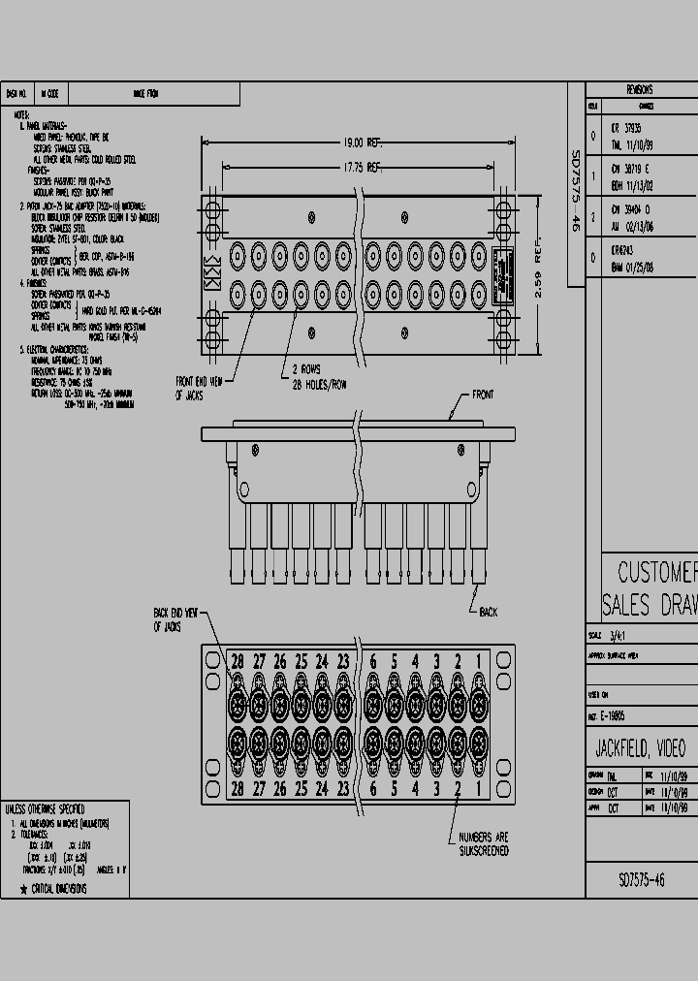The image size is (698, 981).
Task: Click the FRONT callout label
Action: pyautogui.click(x=482, y=395)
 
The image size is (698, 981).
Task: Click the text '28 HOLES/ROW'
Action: pyautogui.click(x=320, y=385)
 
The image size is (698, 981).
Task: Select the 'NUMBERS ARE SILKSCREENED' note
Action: pyautogui.click(x=484, y=844)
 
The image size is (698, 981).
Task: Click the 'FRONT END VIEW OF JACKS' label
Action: pyautogui.click(x=199, y=389)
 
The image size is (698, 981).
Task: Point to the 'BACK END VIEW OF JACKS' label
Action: pyautogui.click(x=174, y=620)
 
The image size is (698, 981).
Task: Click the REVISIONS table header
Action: pyautogui.click(x=640, y=89)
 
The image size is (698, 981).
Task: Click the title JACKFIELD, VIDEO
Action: pyautogui.click(x=640, y=748)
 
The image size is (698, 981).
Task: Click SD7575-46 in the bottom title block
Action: pyautogui.click(x=642, y=880)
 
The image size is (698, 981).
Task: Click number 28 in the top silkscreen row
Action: pyautogui.click(x=237, y=662)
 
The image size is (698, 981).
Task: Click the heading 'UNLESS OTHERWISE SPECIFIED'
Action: pyautogui.click(x=46, y=808)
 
